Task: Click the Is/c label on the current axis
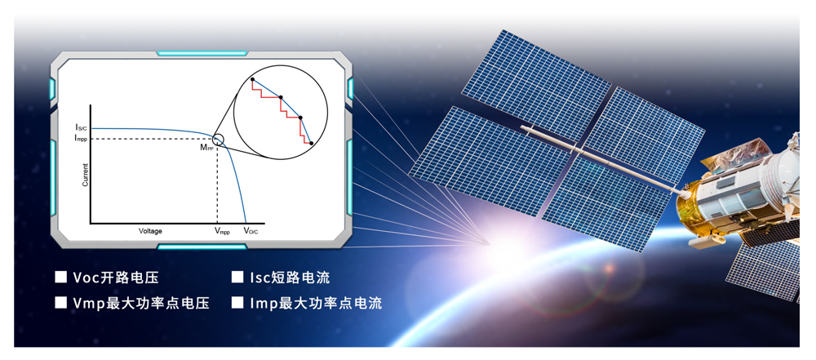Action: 82,127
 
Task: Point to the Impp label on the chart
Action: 82,139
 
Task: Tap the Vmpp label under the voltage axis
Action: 222,231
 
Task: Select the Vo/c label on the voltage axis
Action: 251,231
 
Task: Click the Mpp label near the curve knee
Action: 207,148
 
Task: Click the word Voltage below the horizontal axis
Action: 150,231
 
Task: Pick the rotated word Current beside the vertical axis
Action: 86,175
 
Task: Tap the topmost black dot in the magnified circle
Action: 252,79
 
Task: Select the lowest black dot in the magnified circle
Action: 311,143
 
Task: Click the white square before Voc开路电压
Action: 61,278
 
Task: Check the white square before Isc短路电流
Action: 237,278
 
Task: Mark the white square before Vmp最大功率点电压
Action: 61,303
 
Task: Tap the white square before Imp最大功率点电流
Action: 237,303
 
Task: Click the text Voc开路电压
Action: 116,278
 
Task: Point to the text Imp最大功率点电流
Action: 316,303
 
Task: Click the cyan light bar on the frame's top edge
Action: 202,53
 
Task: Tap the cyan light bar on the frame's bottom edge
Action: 202,246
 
